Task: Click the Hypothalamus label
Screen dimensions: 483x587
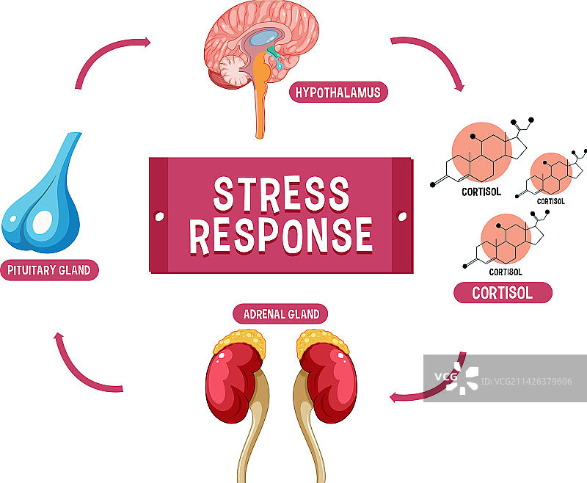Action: pos(338,92)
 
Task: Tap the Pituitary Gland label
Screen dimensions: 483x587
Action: pos(49,270)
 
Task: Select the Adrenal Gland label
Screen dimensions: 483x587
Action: pos(281,314)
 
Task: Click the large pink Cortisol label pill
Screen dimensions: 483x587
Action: pos(502,293)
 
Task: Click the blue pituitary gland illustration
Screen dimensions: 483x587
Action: pos(42,198)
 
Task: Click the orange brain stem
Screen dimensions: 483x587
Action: pos(260,103)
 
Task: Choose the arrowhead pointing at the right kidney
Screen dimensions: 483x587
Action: pos(396,397)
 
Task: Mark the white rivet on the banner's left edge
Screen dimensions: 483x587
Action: pos(159,217)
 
